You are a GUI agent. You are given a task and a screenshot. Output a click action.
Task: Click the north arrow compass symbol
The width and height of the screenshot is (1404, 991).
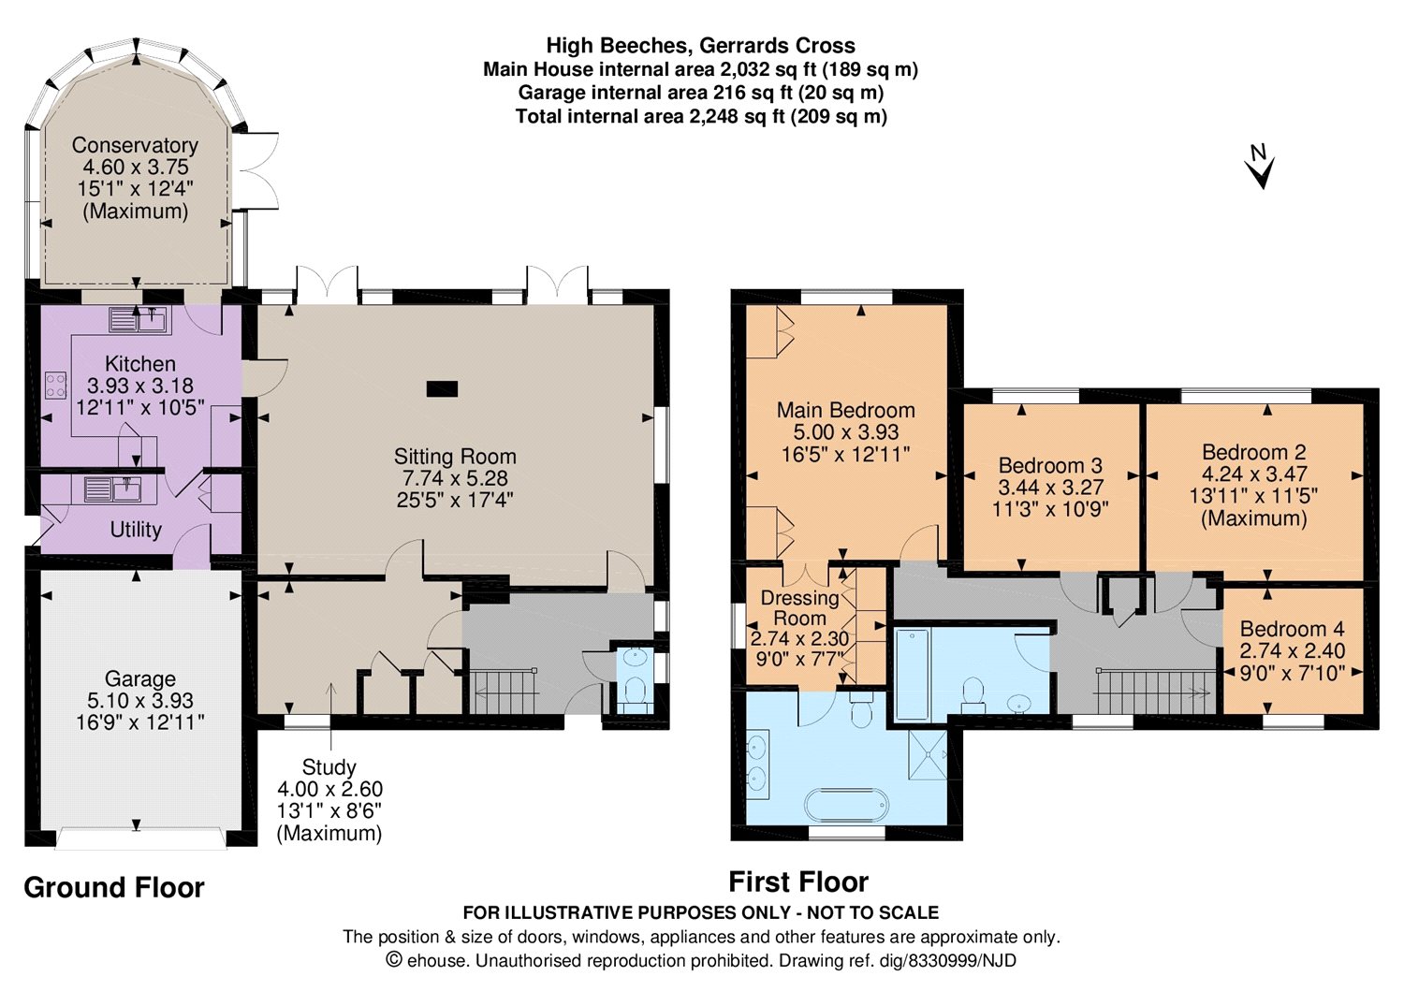1261,167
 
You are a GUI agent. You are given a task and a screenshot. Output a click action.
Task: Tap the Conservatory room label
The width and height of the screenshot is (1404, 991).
135,145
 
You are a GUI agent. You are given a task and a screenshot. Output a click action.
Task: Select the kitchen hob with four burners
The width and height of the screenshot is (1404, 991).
56,385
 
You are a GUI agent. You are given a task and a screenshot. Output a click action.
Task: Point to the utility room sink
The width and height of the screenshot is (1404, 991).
115,488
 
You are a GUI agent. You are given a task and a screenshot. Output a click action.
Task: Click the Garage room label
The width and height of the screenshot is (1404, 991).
139,678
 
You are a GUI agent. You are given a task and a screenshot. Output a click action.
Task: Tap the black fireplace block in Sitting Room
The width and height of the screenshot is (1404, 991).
442,389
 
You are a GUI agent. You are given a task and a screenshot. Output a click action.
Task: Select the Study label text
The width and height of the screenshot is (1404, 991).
329,766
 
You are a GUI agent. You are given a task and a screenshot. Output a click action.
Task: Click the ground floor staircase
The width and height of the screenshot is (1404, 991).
504,692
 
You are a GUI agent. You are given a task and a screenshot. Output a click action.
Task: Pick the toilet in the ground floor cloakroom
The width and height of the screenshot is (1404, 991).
636,692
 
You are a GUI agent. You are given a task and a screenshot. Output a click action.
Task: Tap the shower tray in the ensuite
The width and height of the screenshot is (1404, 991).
927,754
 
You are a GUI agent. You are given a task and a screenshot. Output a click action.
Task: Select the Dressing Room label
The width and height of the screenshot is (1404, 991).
799,607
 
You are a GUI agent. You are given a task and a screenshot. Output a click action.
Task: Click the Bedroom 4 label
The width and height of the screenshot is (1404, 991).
1293,628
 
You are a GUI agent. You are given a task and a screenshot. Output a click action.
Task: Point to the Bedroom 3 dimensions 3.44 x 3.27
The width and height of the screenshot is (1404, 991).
1050,487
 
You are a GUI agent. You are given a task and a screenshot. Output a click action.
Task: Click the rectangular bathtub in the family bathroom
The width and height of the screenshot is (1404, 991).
913,675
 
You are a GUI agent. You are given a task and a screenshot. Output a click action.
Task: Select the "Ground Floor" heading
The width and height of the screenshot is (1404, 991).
114,887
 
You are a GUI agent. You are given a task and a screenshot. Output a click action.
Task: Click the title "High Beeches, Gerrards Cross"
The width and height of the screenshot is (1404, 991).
701,46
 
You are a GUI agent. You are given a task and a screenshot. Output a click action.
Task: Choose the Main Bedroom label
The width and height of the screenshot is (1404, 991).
845,410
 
